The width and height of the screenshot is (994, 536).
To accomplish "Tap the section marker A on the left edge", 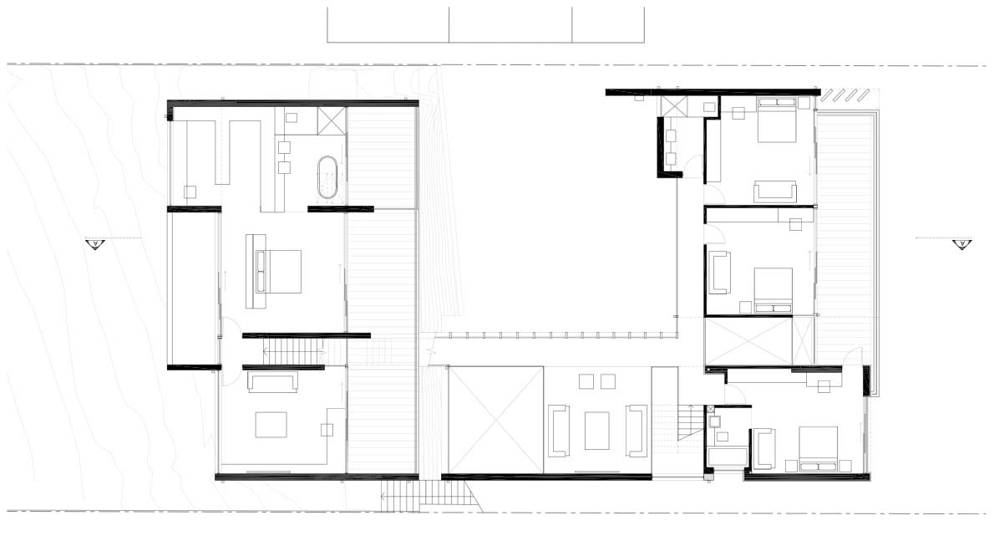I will click(94, 244).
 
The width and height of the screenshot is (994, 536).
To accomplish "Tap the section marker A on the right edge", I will click(961, 244).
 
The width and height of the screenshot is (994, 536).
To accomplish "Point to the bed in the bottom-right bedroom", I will click(818, 450).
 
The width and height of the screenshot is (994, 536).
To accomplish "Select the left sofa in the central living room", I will click(558, 430).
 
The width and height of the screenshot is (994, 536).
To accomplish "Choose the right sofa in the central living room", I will click(637, 430).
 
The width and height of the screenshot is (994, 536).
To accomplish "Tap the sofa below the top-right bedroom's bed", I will click(775, 191).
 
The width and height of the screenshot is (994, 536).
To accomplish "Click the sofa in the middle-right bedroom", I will click(718, 273).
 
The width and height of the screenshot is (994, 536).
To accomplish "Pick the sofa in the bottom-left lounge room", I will click(271, 383).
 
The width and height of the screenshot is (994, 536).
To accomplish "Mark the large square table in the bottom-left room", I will click(271, 425).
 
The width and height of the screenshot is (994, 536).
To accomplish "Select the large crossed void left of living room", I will click(496, 420).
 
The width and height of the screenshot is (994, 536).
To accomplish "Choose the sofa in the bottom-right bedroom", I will click(763, 448).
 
